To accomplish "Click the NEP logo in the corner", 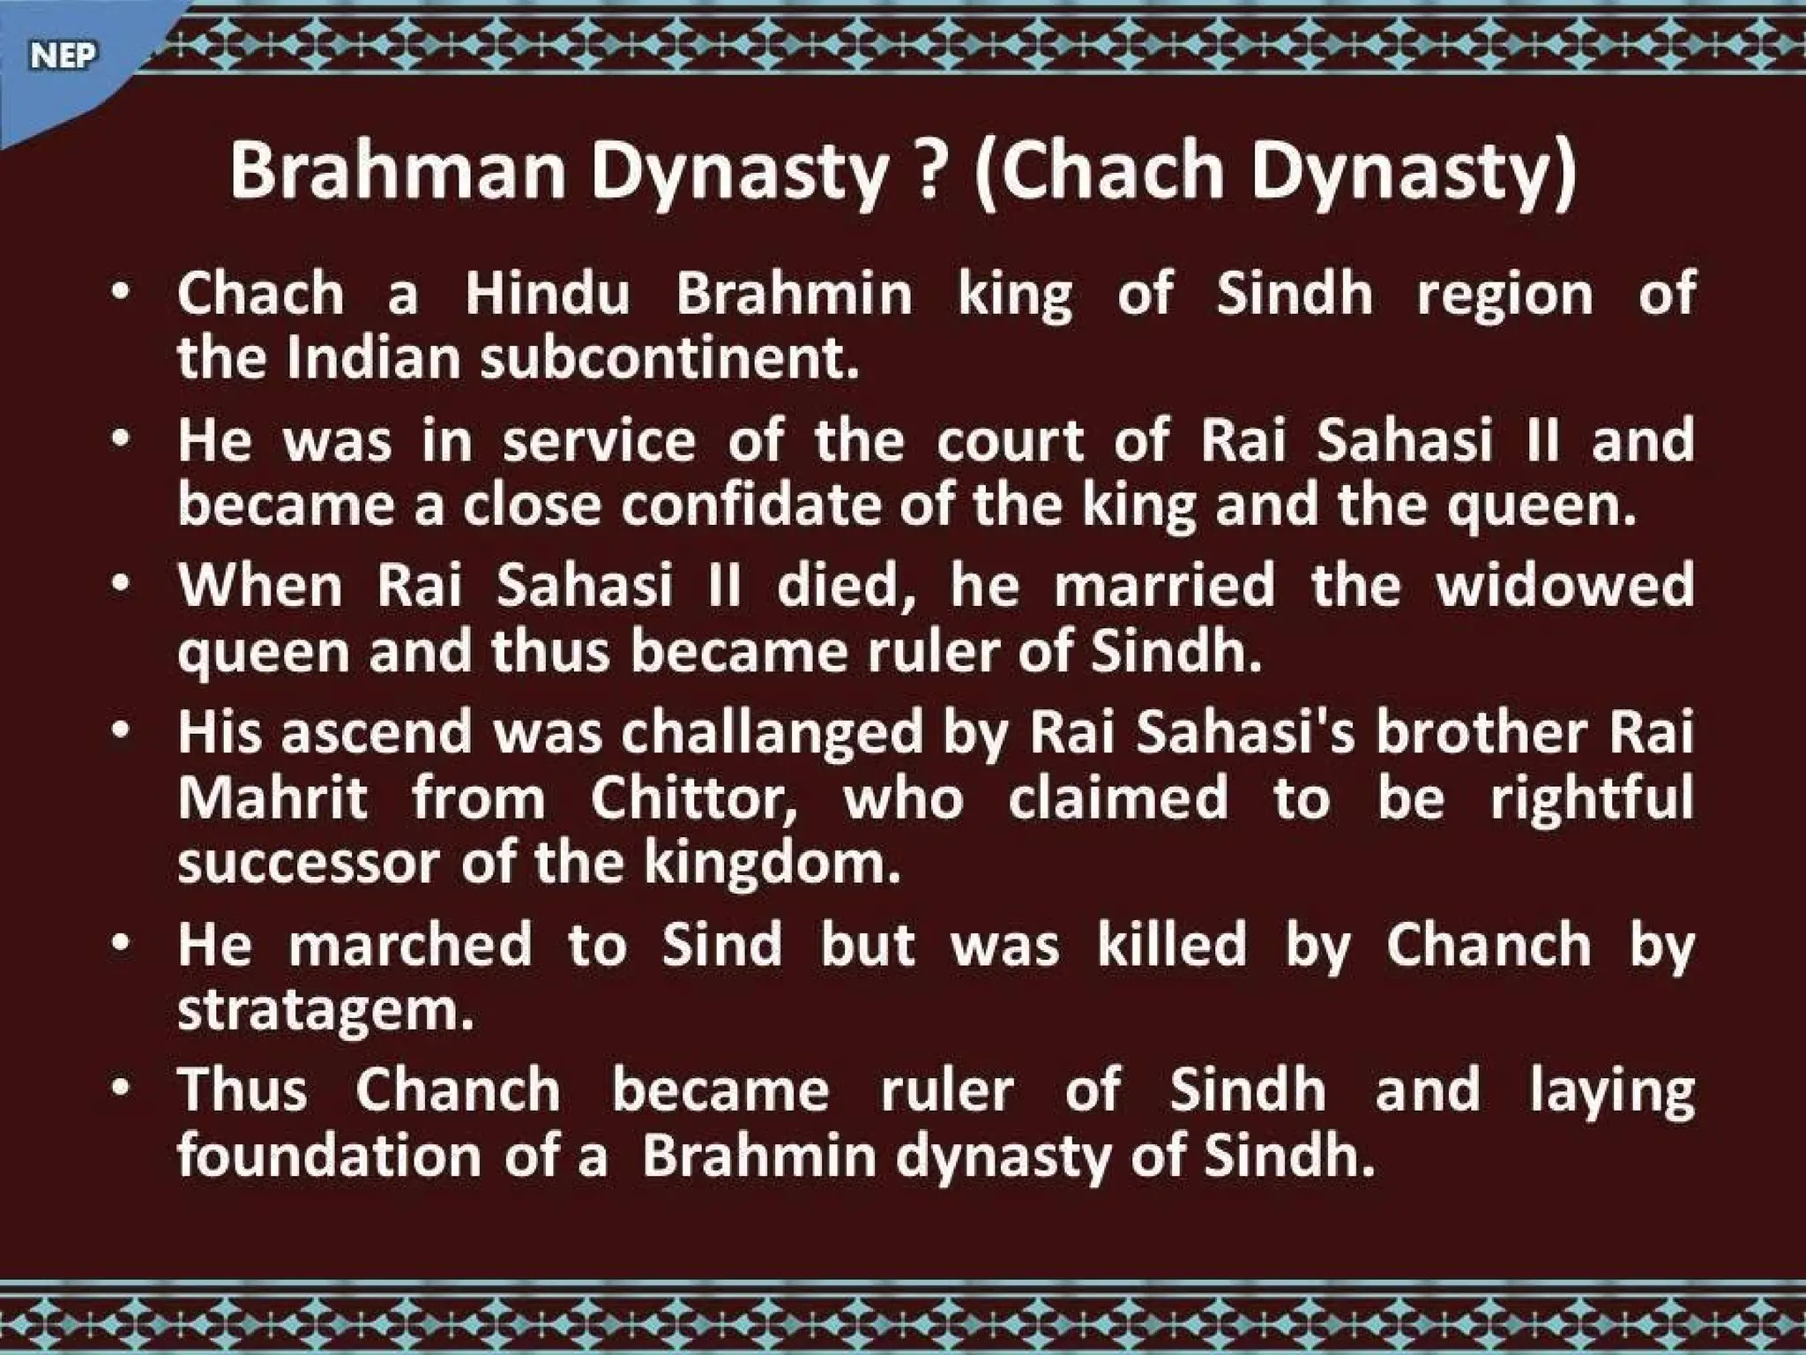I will click(62, 56).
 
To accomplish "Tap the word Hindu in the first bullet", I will click(548, 294).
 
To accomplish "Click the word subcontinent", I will click(669, 359).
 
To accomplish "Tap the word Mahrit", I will click(272, 798).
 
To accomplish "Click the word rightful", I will click(1592, 798).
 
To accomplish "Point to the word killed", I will click(1172, 945).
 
